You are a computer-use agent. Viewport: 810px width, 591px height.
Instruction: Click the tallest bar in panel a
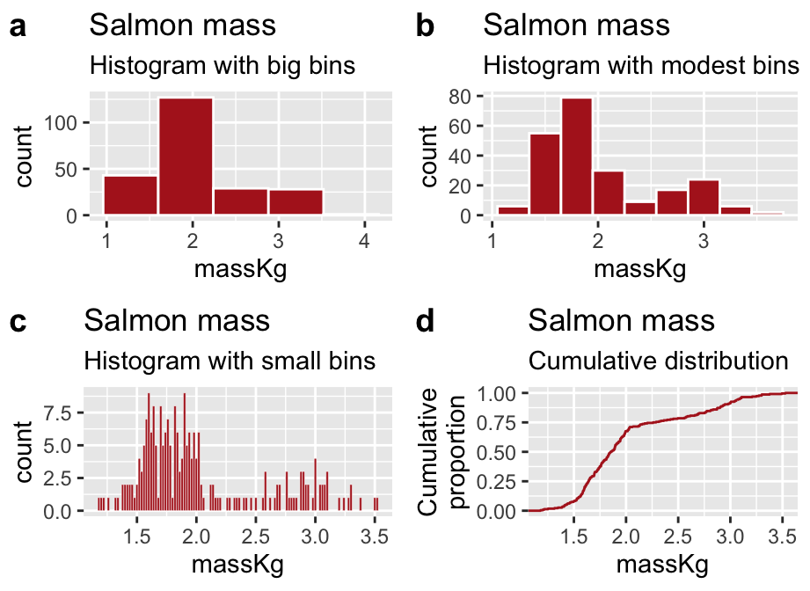click(186, 157)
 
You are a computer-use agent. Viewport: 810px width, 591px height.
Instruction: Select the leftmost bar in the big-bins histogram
click(130, 195)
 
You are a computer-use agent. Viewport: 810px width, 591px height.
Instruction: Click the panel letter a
click(18, 27)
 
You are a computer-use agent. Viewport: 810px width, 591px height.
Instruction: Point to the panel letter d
click(425, 322)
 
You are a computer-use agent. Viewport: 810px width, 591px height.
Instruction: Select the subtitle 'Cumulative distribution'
click(658, 361)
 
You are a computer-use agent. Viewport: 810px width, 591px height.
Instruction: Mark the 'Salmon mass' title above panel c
click(177, 320)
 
